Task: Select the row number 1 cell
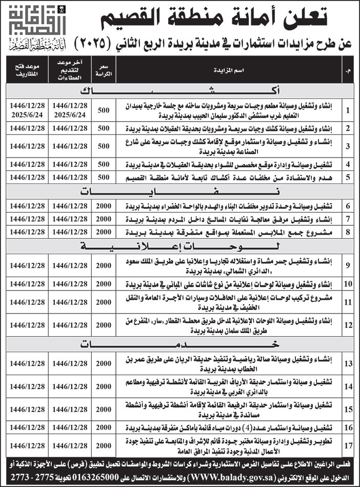(x=348, y=110)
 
